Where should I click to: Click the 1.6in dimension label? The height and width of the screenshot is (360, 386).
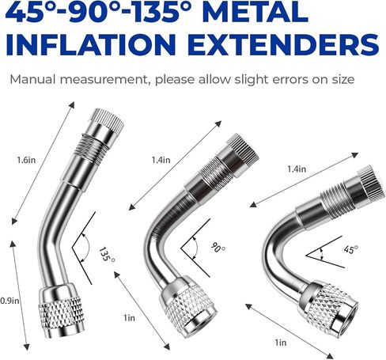pyautogui.click(x=26, y=160)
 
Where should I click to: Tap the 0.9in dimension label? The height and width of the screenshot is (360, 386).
pyautogui.click(x=9, y=301)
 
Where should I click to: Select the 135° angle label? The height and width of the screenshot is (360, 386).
pyautogui.click(x=107, y=254)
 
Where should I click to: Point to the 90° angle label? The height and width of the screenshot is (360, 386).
pyautogui.click(x=218, y=247)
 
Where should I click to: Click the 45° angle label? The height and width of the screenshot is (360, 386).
pyautogui.click(x=351, y=249)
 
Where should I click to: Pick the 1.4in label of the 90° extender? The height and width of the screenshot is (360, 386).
pyautogui.click(x=161, y=160)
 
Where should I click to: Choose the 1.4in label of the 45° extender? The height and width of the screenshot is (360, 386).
pyautogui.click(x=297, y=169)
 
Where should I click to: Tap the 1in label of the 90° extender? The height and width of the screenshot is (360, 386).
pyautogui.click(x=129, y=318)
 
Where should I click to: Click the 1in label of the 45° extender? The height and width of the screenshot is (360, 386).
pyautogui.click(x=281, y=343)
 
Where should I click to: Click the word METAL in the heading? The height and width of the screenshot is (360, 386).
pyautogui.click(x=255, y=12)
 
